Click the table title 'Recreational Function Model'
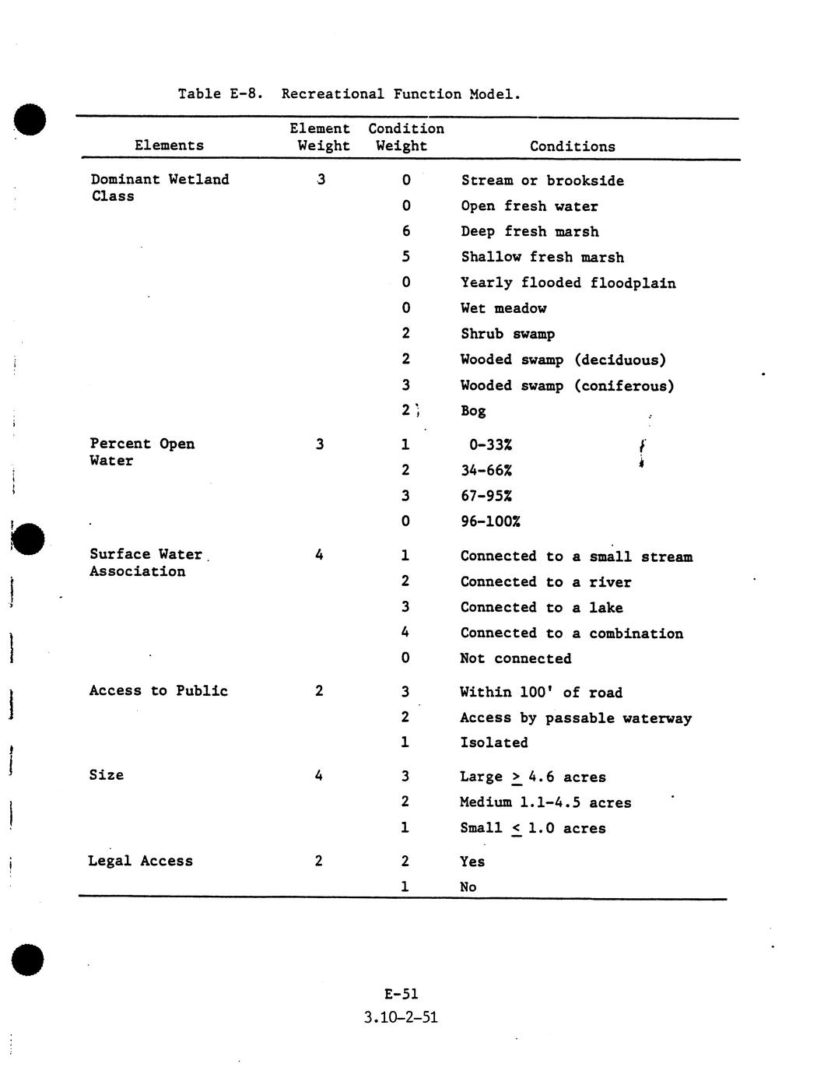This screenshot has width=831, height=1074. pyautogui.click(x=400, y=94)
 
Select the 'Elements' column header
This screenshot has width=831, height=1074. pyautogui.click(x=169, y=146)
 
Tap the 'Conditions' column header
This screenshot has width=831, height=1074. pyautogui.click(x=572, y=146)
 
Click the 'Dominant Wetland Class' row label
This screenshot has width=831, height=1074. pyautogui.click(x=160, y=188)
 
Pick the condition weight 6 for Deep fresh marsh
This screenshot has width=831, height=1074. pyautogui.click(x=406, y=231)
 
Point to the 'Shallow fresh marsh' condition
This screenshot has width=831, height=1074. pyautogui.click(x=542, y=257)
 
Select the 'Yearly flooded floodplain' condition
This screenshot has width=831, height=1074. pyautogui.click(x=568, y=283)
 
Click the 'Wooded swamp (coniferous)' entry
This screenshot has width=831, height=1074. pyautogui.click(x=566, y=385)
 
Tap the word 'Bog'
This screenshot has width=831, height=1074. pyautogui.click(x=473, y=410)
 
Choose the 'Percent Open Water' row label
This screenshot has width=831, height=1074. pyautogui.click(x=142, y=451)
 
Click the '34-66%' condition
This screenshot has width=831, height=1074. pyautogui.click(x=486, y=470)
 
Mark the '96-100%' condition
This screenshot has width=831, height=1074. pyautogui.click(x=490, y=521)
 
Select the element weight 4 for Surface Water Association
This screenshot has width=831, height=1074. pyautogui.click(x=319, y=555)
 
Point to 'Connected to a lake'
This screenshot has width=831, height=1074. pyautogui.click(x=541, y=607)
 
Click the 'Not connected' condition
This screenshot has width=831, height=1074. pyautogui.click(x=515, y=658)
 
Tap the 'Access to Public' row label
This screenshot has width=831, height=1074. pyautogui.click(x=158, y=690)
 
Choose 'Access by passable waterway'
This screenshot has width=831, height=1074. pyautogui.click(x=575, y=718)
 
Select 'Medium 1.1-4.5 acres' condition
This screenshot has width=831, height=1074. pyautogui.click(x=545, y=802)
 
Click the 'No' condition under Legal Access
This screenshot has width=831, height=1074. pyautogui.click(x=468, y=886)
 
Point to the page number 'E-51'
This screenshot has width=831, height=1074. pyautogui.click(x=401, y=994)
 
